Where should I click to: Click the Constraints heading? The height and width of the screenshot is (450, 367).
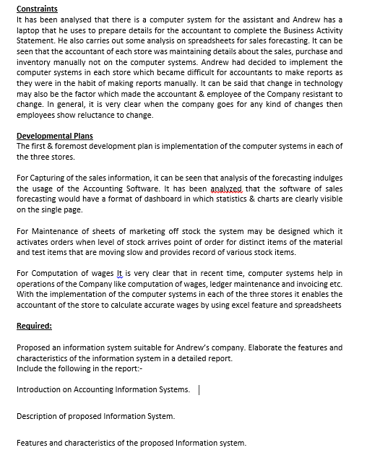pyautogui.click(x=38, y=8)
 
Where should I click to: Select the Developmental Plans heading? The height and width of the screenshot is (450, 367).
pyautogui.click(x=54, y=136)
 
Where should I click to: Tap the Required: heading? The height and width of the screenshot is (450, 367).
pyautogui.click(x=34, y=326)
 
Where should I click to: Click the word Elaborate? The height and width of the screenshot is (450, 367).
pyautogui.click(x=267, y=347)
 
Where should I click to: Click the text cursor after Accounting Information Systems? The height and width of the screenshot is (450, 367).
pyautogui.click(x=199, y=390)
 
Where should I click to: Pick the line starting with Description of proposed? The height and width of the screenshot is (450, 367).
pyautogui.click(x=95, y=417)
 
